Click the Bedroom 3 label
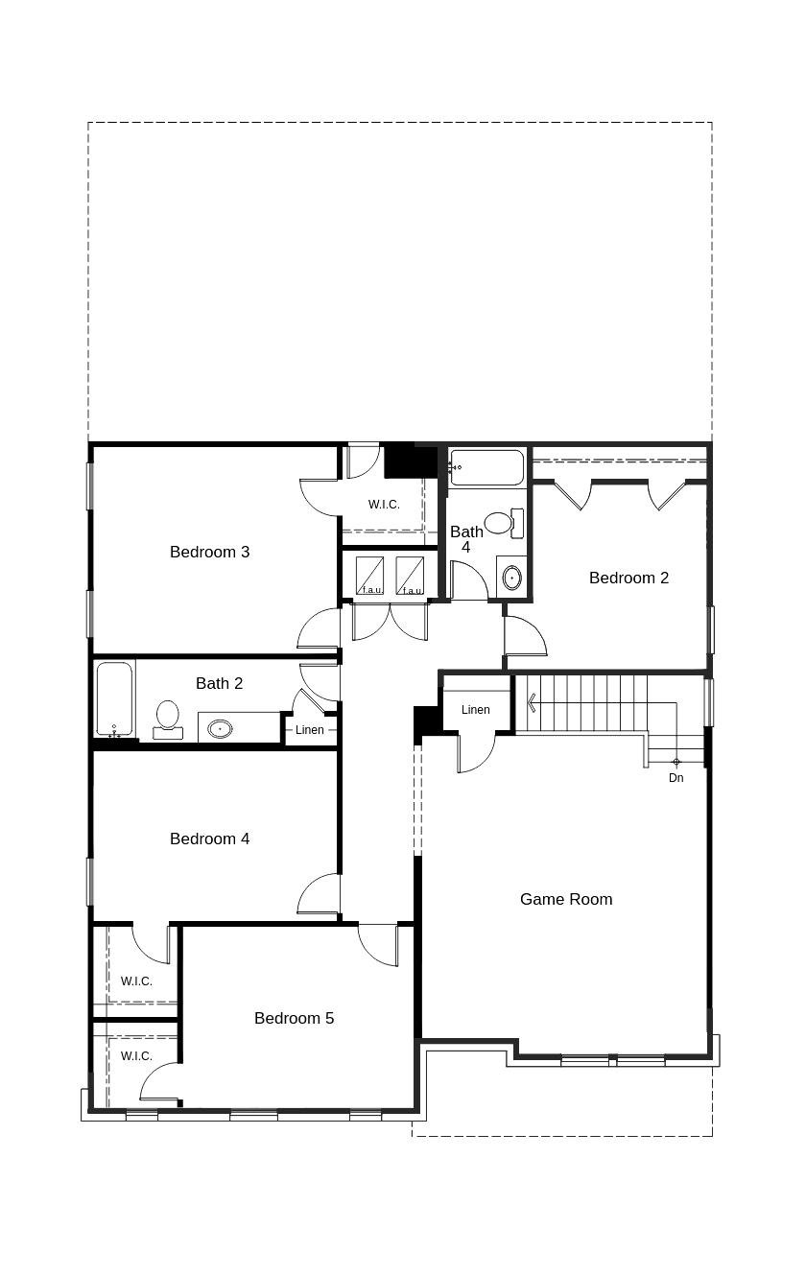(209, 552)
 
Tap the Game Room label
(566, 899)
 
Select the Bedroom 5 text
(294, 1018)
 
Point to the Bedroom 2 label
(628, 578)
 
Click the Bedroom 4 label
(209, 839)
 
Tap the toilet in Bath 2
(168, 719)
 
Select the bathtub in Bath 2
(114, 698)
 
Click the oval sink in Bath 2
(221, 728)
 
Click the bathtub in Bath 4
(486, 467)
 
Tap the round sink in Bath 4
(511, 578)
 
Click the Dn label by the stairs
(676, 778)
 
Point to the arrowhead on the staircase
(531, 704)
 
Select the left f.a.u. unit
(370, 576)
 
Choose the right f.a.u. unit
(411, 576)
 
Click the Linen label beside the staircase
(476, 710)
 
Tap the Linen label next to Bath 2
(310, 730)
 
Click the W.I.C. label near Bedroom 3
(384, 505)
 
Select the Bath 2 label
(219, 683)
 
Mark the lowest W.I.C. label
(136, 1056)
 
